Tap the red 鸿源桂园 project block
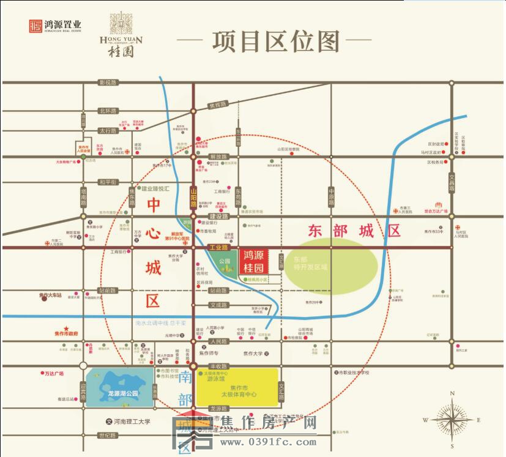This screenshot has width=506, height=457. point(253,261)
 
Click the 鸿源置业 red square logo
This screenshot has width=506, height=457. point(35,26)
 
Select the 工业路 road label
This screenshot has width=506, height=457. point(218,248)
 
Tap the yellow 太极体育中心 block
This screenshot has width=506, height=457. point(238,387)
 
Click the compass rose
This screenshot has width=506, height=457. point(452,420)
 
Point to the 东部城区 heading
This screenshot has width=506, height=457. point(354,231)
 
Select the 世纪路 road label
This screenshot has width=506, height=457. point(106,435)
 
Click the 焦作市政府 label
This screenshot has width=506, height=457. point(65,333)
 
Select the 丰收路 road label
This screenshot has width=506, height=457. point(218,366)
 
